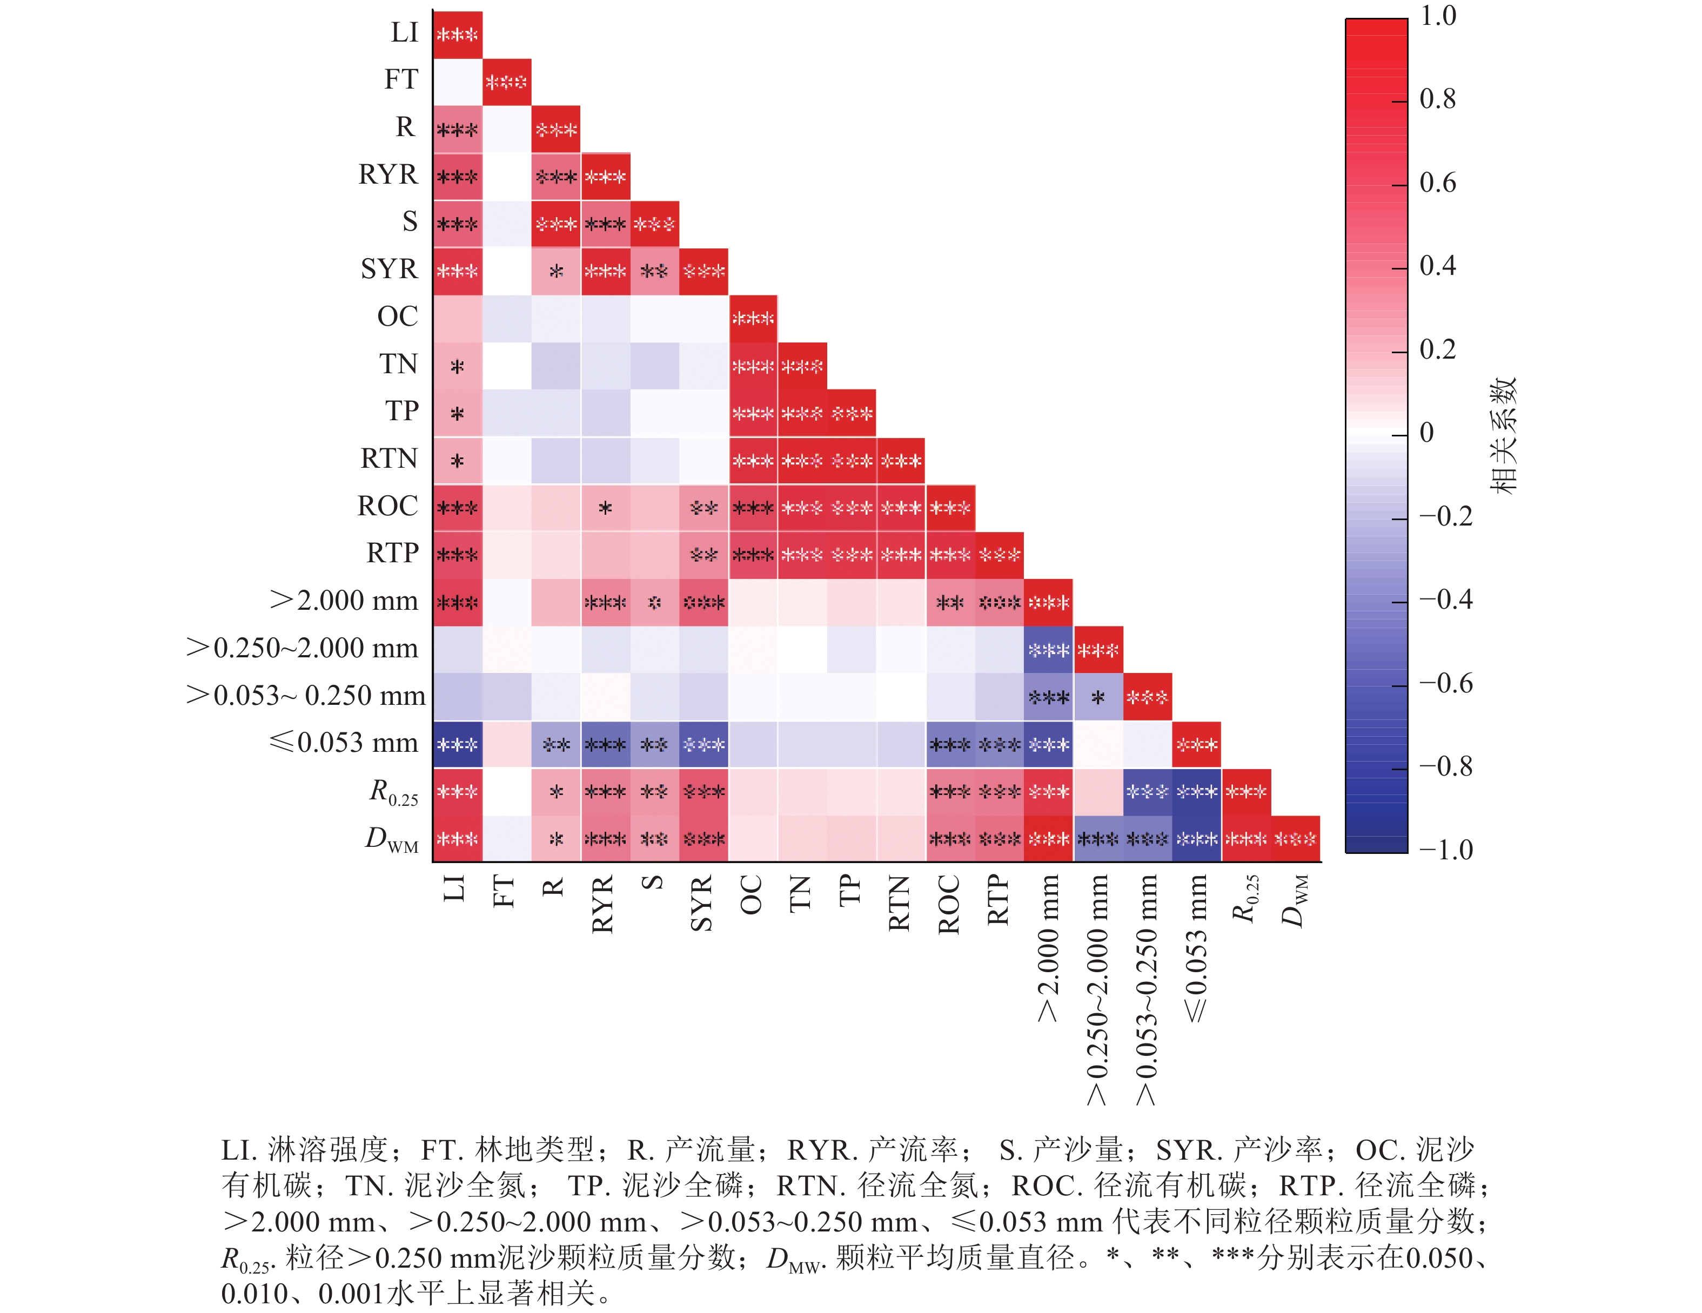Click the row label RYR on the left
tap(387, 174)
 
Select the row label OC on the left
tap(398, 317)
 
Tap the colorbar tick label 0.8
tap(1438, 99)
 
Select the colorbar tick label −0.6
tap(1445, 683)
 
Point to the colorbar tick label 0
tap(1427, 433)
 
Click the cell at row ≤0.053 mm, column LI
tap(458, 744)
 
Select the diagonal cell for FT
tap(507, 81)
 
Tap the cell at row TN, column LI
tap(458, 366)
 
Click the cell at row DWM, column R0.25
tap(1246, 839)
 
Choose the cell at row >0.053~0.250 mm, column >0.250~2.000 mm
tap(1098, 697)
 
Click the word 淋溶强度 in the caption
tap(328, 1150)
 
